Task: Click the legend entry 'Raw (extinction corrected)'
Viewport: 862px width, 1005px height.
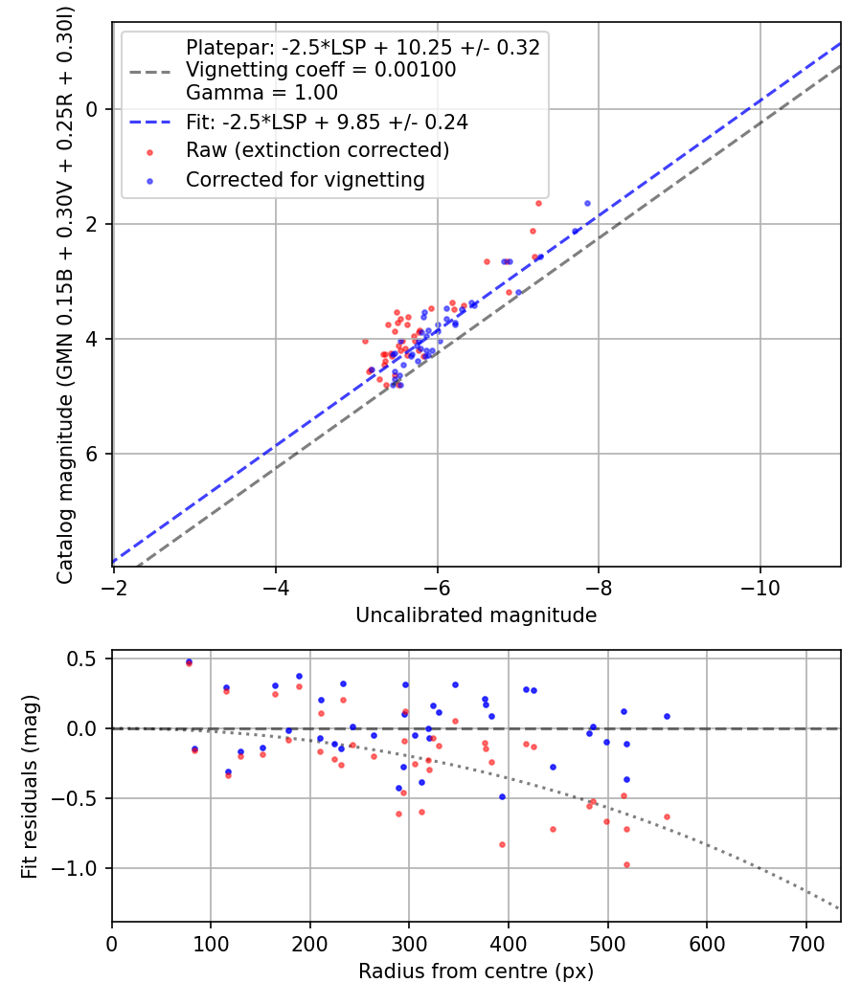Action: (x=317, y=150)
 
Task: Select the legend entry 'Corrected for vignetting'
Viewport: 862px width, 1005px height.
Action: (x=305, y=179)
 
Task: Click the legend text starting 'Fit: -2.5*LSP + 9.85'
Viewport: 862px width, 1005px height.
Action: (x=327, y=123)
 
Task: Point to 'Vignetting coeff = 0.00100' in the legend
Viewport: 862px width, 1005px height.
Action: (x=321, y=70)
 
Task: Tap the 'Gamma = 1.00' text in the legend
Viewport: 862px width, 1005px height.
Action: (x=261, y=93)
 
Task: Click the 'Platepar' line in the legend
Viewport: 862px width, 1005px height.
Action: (x=363, y=47)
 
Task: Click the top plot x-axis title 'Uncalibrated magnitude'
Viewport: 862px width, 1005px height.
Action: (x=476, y=615)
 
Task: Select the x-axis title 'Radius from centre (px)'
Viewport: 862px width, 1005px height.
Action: (x=476, y=971)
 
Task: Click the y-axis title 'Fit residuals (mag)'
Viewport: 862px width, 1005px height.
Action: (x=30, y=787)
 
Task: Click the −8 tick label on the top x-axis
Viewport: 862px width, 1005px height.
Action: (x=599, y=584)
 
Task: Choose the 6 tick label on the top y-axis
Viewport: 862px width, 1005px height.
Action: (x=93, y=454)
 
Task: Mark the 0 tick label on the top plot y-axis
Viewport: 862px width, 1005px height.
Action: (x=93, y=109)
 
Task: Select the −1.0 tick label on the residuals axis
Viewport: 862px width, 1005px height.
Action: (x=81, y=868)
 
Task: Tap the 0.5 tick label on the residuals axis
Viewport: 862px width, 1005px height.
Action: (x=86, y=659)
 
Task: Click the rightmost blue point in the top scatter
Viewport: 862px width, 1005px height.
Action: (x=587, y=203)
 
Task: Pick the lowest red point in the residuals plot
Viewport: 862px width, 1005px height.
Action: (x=626, y=864)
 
